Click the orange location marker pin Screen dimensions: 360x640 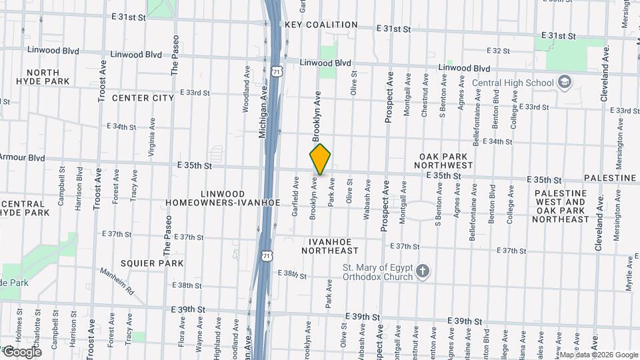point(320,159)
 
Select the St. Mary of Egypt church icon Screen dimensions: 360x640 point(421,271)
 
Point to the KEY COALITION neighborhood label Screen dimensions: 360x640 point(321,25)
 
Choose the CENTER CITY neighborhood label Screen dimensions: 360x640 point(143,98)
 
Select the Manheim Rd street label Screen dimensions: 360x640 point(117,282)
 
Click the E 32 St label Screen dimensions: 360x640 point(498,51)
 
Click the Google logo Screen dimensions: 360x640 point(22,351)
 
